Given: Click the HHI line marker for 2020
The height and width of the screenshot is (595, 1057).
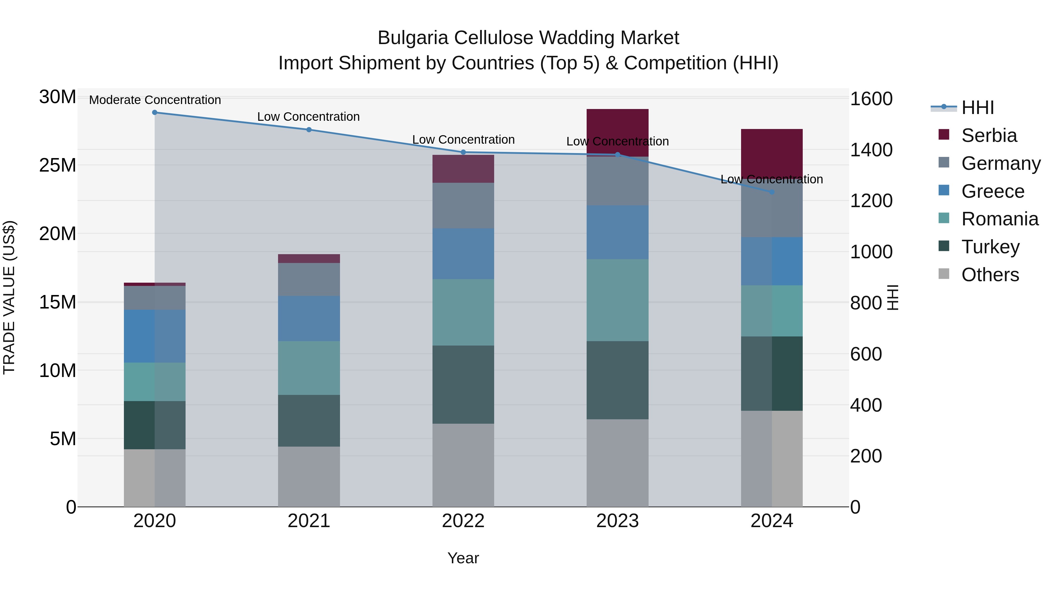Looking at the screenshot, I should pyautogui.click(x=155, y=113).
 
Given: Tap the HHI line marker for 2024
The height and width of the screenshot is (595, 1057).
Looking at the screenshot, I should pyautogui.click(x=772, y=192).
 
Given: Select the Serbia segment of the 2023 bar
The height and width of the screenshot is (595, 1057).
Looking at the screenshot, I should pyautogui.click(x=617, y=132).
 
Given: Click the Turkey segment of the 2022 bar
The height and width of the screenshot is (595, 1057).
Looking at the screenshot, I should pyautogui.click(x=463, y=384).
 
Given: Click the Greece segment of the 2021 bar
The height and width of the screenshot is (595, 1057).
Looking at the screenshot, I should pyautogui.click(x=309, y=318).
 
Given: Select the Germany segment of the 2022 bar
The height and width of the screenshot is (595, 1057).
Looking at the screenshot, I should pyautogui.click(x=463, y=205).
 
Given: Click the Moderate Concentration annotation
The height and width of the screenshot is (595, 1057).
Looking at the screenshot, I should pyautogui.click(x=155, y=100).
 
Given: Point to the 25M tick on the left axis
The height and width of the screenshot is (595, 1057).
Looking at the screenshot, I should pyautogui.click(x=58, y=165).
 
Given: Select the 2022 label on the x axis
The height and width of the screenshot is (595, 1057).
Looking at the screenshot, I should pyautogui.click(x=463, y=521).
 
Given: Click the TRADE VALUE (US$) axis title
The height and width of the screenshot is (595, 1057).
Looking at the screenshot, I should pyautogui.click(x=9, y=297).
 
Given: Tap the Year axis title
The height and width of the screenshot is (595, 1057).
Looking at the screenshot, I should pyautogui.click(x=463, y=558).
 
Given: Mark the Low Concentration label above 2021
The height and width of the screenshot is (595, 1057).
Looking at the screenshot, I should pyautogui.click(x=309, y=117).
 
